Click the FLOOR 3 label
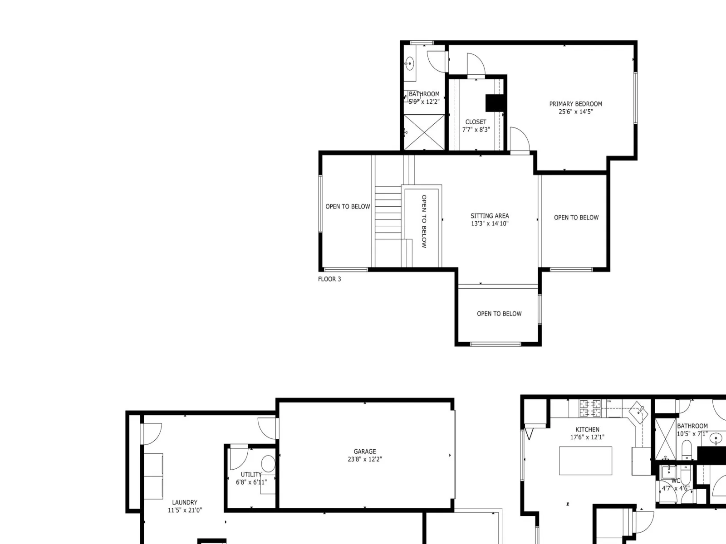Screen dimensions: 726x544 [329, 279]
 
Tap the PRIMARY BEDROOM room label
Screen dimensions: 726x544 [575, 104]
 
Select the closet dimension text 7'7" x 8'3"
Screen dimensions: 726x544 [476, 130]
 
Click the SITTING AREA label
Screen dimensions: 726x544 [490, 216]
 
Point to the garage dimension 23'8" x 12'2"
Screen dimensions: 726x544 [364, 459]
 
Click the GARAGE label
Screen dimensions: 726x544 [364, 452]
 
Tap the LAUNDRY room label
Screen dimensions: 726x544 [185, 502]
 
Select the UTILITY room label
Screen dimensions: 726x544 [251, 475]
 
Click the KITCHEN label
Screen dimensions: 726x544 [587, 429]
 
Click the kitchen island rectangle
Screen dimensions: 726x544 [585, 461]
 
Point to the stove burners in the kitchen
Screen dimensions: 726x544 [590, 408]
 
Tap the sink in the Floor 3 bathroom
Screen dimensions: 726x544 [409, 63]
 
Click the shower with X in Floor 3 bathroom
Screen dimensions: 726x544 [424, 132]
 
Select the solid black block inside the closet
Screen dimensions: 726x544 [495, 103]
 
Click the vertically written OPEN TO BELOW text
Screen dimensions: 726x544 [424, 221]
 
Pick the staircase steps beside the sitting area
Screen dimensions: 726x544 [388, 213]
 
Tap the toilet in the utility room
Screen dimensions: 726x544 [268, 464]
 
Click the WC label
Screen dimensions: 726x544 [676, 481]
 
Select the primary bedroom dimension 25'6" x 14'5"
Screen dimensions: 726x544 [575, 112]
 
